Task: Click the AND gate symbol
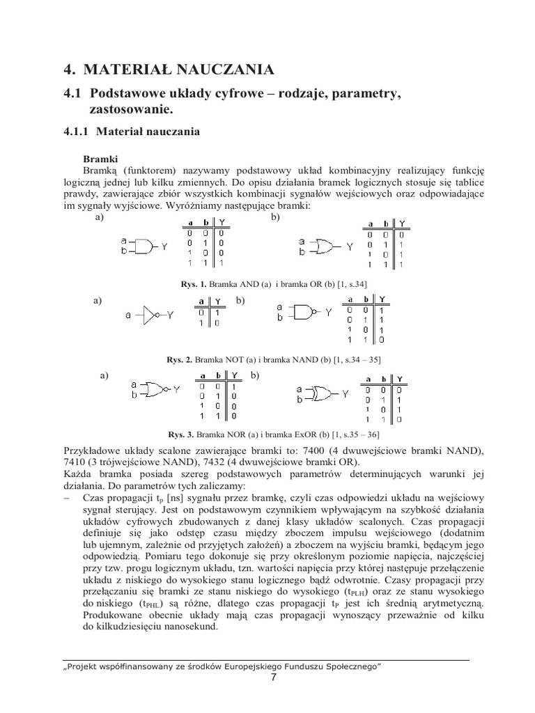tap(141, 246)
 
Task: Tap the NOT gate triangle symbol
tap(152, 315)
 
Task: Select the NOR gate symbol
tap(154, 389)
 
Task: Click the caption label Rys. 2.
tap(177, 359)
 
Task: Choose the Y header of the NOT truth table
tap(218, 301)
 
